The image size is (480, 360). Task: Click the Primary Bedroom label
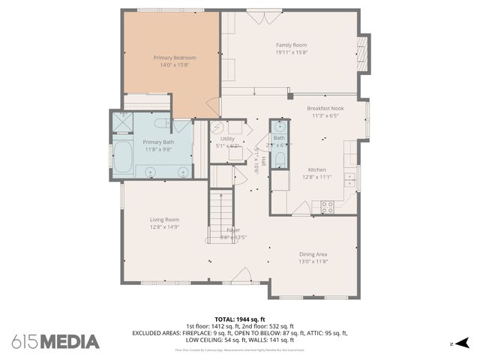174,58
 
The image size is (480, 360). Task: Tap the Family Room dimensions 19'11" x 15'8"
292,52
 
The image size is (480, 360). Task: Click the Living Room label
164,219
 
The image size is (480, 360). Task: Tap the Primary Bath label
157,142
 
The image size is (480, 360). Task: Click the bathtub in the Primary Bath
121,157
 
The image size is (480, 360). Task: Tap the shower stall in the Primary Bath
121,121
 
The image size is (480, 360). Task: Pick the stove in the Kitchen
328,206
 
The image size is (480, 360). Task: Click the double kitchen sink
349,180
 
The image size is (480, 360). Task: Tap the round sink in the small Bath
278,126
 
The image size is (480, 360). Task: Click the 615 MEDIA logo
55,342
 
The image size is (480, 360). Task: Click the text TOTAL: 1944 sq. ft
240,319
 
